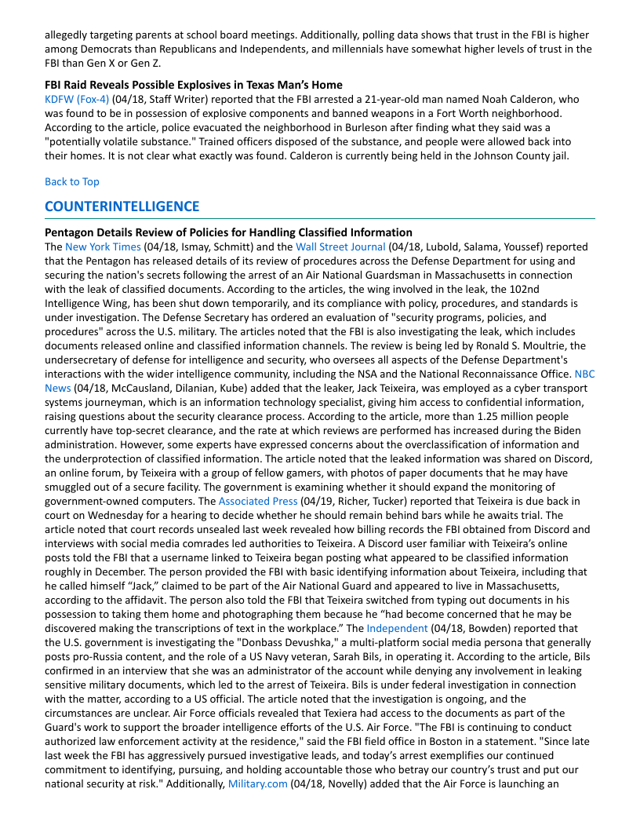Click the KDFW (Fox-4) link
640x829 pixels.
coord(77,99)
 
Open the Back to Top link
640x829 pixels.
coord(72,181)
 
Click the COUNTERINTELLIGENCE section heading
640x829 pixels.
coord(122,206)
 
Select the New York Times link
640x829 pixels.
coord(103,247)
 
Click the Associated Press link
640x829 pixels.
coord(258,501)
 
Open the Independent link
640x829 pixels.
coord(397,628)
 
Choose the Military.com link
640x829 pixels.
coord(257,783)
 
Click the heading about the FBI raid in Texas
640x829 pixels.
coord(194,85)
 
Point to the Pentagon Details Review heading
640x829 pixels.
coord(228,232)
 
